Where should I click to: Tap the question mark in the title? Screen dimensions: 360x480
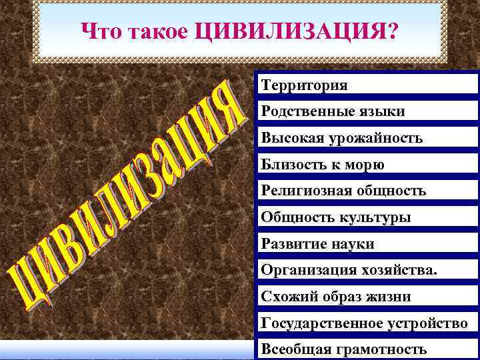(x=390, y=31)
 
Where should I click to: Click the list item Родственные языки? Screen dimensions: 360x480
(x=333, y=112)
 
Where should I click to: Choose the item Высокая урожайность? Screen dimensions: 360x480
(x=342, y=139)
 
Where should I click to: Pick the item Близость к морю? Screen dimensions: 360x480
(x=323, y=165)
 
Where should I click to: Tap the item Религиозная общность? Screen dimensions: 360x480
(x=343, y=191)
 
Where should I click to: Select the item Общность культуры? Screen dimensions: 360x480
(x=336, y=217)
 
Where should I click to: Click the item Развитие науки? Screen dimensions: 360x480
(x=318, y=244)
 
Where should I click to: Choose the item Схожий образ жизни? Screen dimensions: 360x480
(x=336, y=297)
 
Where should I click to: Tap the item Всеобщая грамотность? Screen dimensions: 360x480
(x=344, y=349)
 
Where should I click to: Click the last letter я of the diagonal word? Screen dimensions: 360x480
(x=231, y=108)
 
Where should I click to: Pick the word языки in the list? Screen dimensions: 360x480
(x=380, y=112)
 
